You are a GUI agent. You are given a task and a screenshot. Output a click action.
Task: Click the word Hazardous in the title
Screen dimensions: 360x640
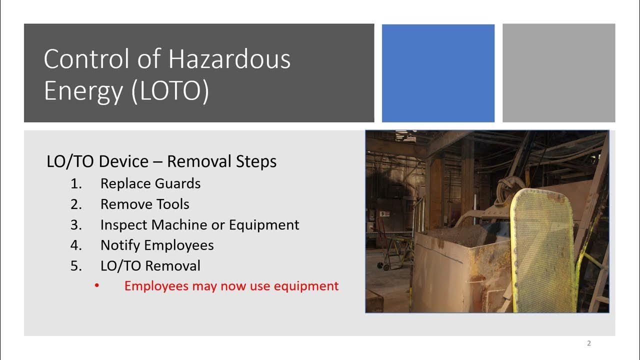coord(229,59)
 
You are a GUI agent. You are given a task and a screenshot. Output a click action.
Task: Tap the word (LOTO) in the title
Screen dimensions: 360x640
coord(170,91)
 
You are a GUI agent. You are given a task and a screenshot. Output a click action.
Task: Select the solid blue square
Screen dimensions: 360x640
coord(438,73)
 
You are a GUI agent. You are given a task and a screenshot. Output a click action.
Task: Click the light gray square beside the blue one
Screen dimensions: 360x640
coord(558,73)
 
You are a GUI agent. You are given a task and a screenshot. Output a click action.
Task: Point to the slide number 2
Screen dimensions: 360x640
coord(589,343)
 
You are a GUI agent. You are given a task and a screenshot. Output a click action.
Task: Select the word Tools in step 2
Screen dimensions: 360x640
coord(172,204)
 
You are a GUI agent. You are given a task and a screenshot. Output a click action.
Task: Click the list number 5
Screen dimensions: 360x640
coord(76,266)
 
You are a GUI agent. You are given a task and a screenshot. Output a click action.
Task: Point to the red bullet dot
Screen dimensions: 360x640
coord(97,286)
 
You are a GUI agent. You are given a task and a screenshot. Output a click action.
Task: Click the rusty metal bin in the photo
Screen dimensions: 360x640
coord(460,270)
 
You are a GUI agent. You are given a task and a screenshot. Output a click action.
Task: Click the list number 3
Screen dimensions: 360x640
coord(76,225)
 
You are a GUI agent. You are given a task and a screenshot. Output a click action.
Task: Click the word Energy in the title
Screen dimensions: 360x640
coord(83,91)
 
